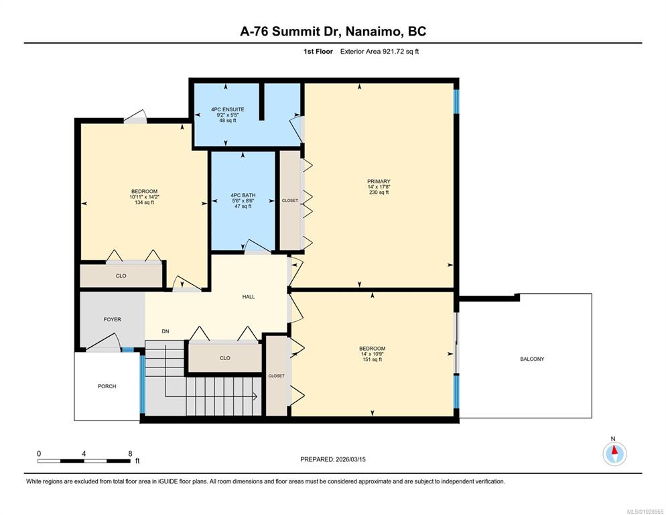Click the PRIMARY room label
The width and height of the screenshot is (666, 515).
point(379,181)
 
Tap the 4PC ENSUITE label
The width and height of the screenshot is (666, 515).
point(228,109)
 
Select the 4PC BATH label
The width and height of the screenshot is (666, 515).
point(243,196)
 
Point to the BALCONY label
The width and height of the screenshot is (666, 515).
point(532,359)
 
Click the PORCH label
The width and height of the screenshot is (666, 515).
point(107,386)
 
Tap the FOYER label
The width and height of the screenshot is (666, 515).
point(112,319)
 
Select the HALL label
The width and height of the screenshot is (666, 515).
point(249,297)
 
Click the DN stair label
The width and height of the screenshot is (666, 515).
point(165,331)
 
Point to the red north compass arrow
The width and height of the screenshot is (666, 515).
point(614,450)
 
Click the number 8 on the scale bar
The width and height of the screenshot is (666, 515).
point(131,453)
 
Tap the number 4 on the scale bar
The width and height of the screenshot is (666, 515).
point(84,453)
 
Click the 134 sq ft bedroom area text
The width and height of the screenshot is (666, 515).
point(145,203)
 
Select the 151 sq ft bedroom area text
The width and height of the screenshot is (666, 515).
point(372,359)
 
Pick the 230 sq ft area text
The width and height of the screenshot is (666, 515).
point(379,192)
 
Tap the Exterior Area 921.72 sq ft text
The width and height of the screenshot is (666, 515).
point(379,52)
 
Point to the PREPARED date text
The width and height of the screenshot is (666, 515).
point(333,459)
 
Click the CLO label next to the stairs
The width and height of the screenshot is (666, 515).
point(225,358)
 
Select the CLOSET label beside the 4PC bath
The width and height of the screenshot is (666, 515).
point(290,201)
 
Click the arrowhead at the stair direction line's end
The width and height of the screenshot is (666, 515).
point(255,396)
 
